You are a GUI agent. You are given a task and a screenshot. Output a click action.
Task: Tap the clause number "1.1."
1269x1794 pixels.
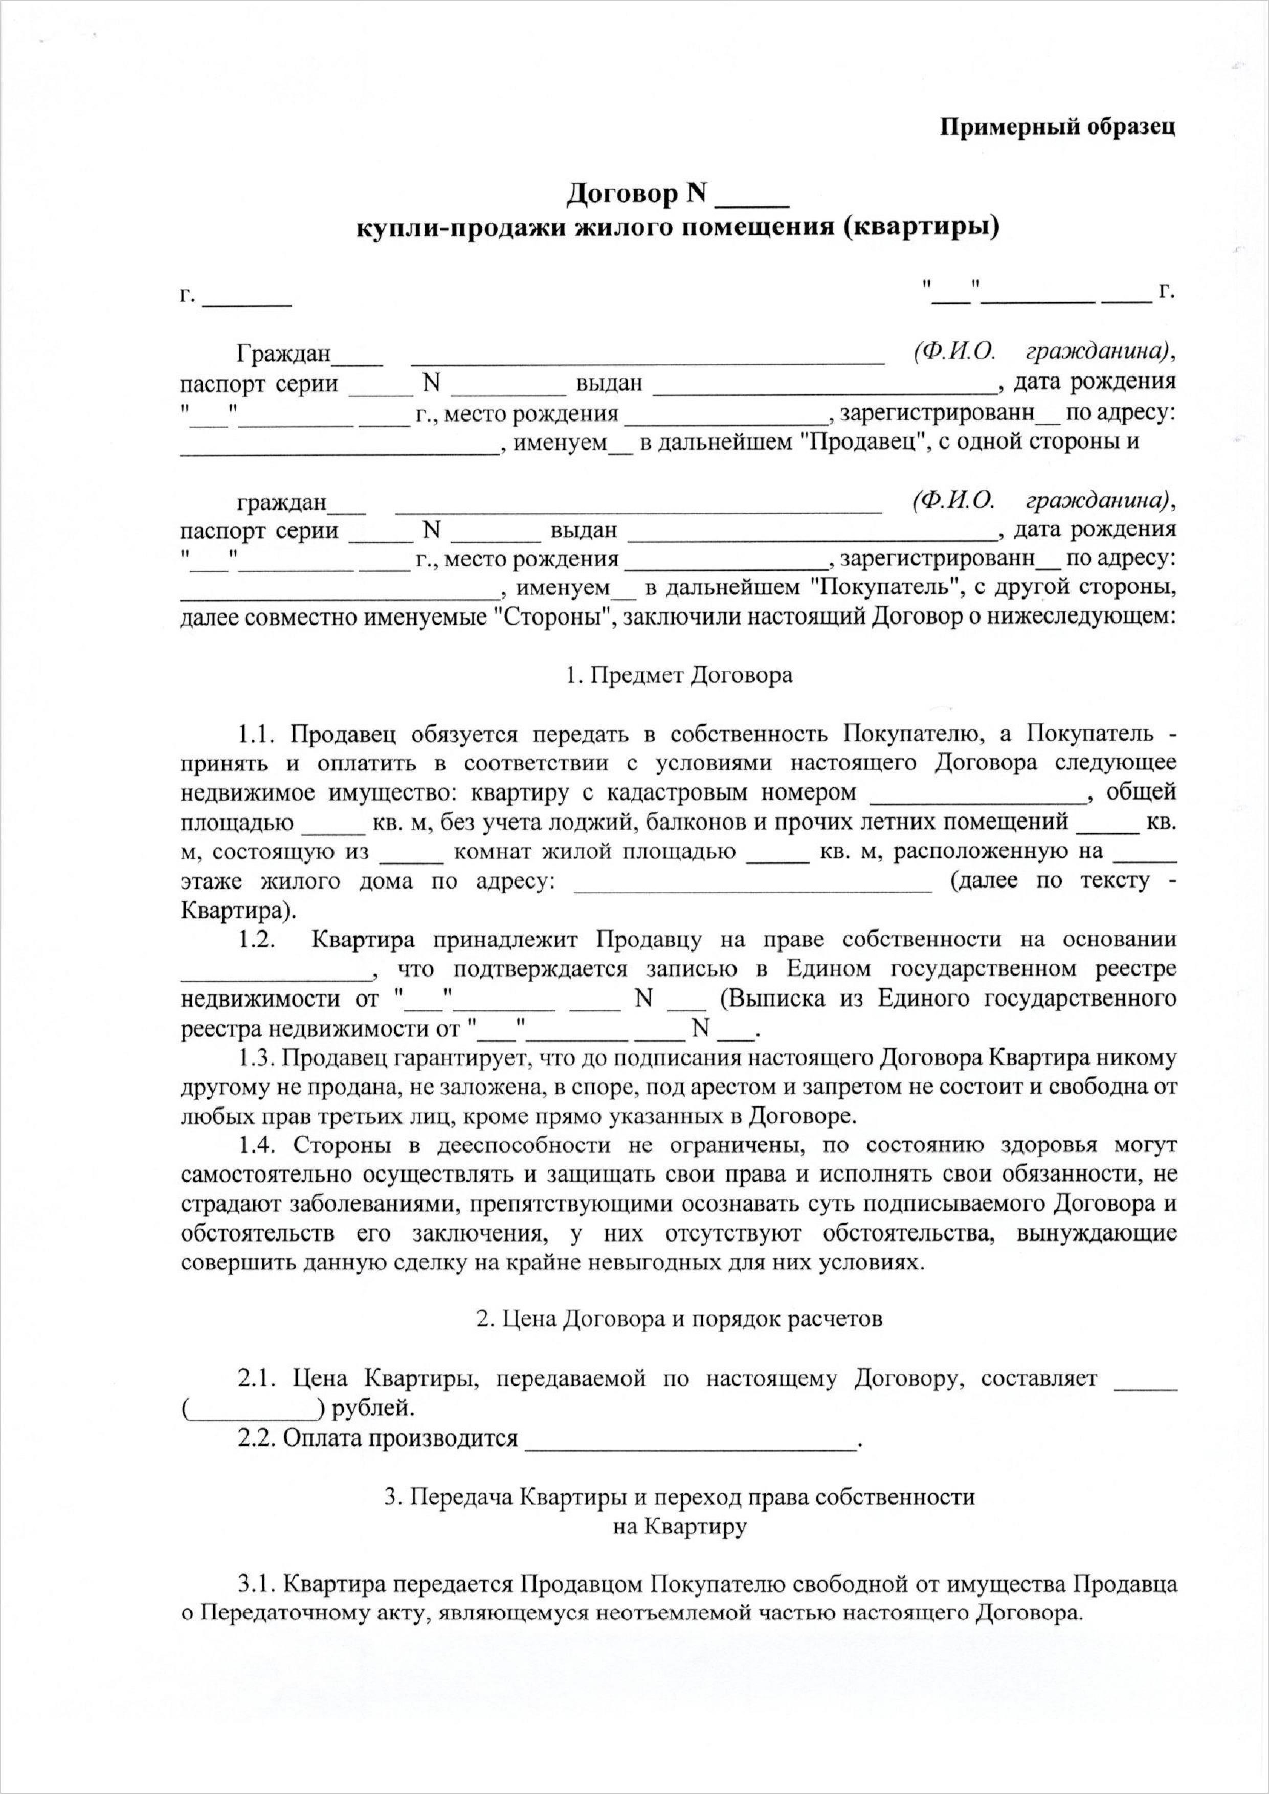pos(259,735)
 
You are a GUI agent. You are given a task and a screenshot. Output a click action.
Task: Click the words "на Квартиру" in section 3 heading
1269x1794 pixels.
pos(679,1527)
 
